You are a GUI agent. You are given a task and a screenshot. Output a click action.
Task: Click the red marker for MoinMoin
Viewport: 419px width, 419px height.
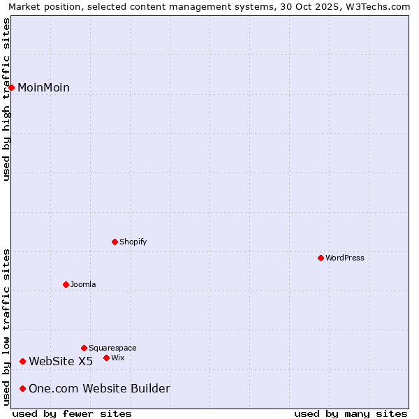(12, 87)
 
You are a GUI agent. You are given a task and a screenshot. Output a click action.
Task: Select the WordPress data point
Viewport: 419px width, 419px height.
(321, 258)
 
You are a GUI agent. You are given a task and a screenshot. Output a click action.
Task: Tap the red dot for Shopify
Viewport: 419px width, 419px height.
(115, 242)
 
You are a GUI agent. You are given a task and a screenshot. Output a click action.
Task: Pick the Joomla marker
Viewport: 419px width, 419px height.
(66, 284)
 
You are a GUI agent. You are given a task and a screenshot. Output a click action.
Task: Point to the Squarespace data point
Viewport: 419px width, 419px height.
(84, 348)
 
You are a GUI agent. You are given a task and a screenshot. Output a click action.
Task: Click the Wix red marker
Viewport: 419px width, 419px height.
(106, 358)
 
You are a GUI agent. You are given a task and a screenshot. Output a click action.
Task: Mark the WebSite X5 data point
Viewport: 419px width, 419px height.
(23, 361)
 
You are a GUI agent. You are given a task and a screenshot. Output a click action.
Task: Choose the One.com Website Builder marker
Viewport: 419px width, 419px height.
(23, 388)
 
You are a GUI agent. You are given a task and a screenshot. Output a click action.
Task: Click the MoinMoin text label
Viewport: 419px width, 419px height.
(43, 87)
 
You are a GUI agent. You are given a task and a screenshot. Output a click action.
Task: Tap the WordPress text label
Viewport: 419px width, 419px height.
(345, 258)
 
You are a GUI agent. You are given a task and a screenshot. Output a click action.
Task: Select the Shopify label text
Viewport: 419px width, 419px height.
(133, 242)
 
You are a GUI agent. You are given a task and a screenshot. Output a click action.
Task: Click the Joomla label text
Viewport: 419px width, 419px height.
(83, 284)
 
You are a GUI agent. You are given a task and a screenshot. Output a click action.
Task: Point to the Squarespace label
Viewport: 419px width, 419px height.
(112, 348)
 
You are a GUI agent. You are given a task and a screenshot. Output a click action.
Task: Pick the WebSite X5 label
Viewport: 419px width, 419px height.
(61, 361)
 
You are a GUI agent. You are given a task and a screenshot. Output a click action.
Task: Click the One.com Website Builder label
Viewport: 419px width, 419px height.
(99, 388)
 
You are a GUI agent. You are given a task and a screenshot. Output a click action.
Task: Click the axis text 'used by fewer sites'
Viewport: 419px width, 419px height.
(72, 413)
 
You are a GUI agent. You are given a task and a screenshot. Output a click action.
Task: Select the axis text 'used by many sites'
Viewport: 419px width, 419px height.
(351, 413)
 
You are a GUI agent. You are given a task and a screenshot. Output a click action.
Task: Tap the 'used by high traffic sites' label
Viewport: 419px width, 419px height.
(6, 99)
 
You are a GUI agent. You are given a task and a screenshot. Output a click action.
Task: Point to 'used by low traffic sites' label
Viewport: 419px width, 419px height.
(6, 327)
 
